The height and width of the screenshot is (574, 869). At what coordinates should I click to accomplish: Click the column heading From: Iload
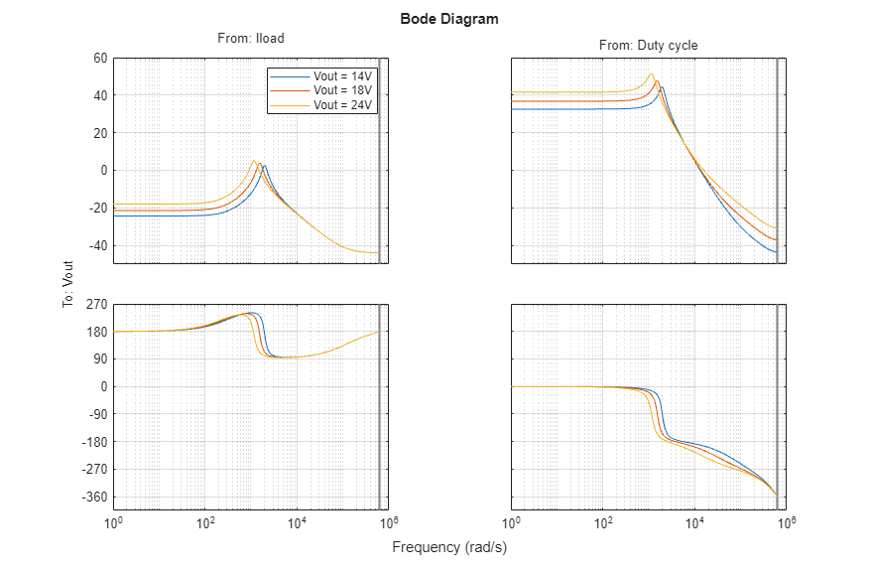pyautogui.click(x=250, y=39)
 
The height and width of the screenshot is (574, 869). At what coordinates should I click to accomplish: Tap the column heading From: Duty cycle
pyautogui.click(x=648, y=46)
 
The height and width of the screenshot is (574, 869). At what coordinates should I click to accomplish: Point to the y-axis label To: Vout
pyautogui.click(x=68, y=285)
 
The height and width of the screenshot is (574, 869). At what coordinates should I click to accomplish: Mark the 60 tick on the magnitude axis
pyautogui.click(x=99, y=58)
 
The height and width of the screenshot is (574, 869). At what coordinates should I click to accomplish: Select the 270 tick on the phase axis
pyautogui.click(x=96, y=304)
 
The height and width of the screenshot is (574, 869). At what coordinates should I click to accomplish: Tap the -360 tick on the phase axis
pyautogui.click(x=93, y=497)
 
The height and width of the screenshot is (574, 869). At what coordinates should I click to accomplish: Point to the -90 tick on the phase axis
pyautogui.click(x=96, y=414)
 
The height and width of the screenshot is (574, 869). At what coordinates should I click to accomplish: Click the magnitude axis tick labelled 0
pyautogui.click(x=102, y=170)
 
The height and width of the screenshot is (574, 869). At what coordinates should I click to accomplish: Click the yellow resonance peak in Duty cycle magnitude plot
pyautogui.click(x=652, y=74)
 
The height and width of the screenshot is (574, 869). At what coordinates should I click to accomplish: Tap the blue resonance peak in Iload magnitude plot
pyautogui.click(x=265, y=166)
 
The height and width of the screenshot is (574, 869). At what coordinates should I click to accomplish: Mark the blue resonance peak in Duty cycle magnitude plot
pyautogui.click(x=662, y=87)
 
